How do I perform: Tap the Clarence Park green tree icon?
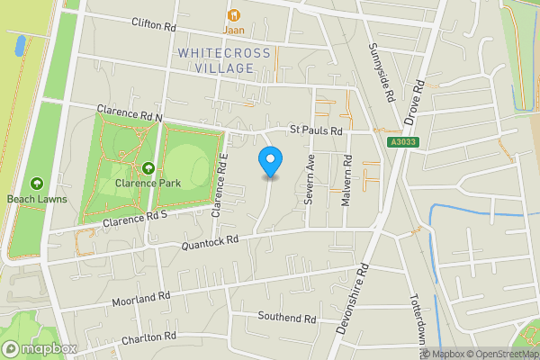[147, 166]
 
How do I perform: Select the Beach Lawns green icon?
[37, 183]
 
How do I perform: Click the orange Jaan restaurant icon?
[234, 14]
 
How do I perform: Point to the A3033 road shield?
[403, 142]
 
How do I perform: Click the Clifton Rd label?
[153, 26]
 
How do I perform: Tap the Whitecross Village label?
[224, 61]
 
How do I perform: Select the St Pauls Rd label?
[315, 131]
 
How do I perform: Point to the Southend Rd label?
[287, 318]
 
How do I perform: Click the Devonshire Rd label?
[353, 300]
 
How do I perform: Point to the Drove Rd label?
[415, 101]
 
